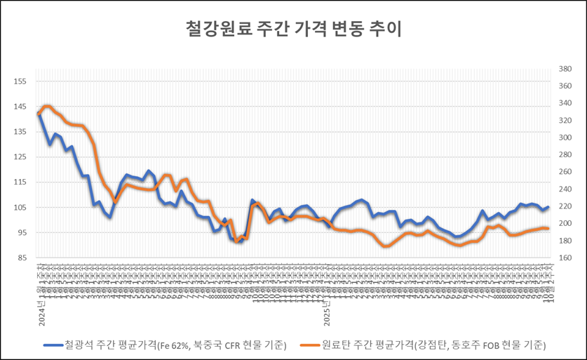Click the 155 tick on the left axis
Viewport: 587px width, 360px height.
click(x=20, y=81)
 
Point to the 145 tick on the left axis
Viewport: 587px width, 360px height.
click(x=20, y=107)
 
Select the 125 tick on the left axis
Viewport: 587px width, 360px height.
click(x=20, y=157)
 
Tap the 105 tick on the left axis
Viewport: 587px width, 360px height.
click(x=20, y=208)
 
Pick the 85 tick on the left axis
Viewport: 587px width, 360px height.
click(x=21, y=258)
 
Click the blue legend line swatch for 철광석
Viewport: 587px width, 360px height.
click(x=51, y=345)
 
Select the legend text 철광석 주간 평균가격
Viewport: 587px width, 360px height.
click(x=175, y=345)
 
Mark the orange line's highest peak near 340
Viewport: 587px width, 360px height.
click(x=47, y=106)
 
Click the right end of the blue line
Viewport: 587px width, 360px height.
click(x=547, y=207)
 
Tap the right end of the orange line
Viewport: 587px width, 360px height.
click(x=547, y=229)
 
